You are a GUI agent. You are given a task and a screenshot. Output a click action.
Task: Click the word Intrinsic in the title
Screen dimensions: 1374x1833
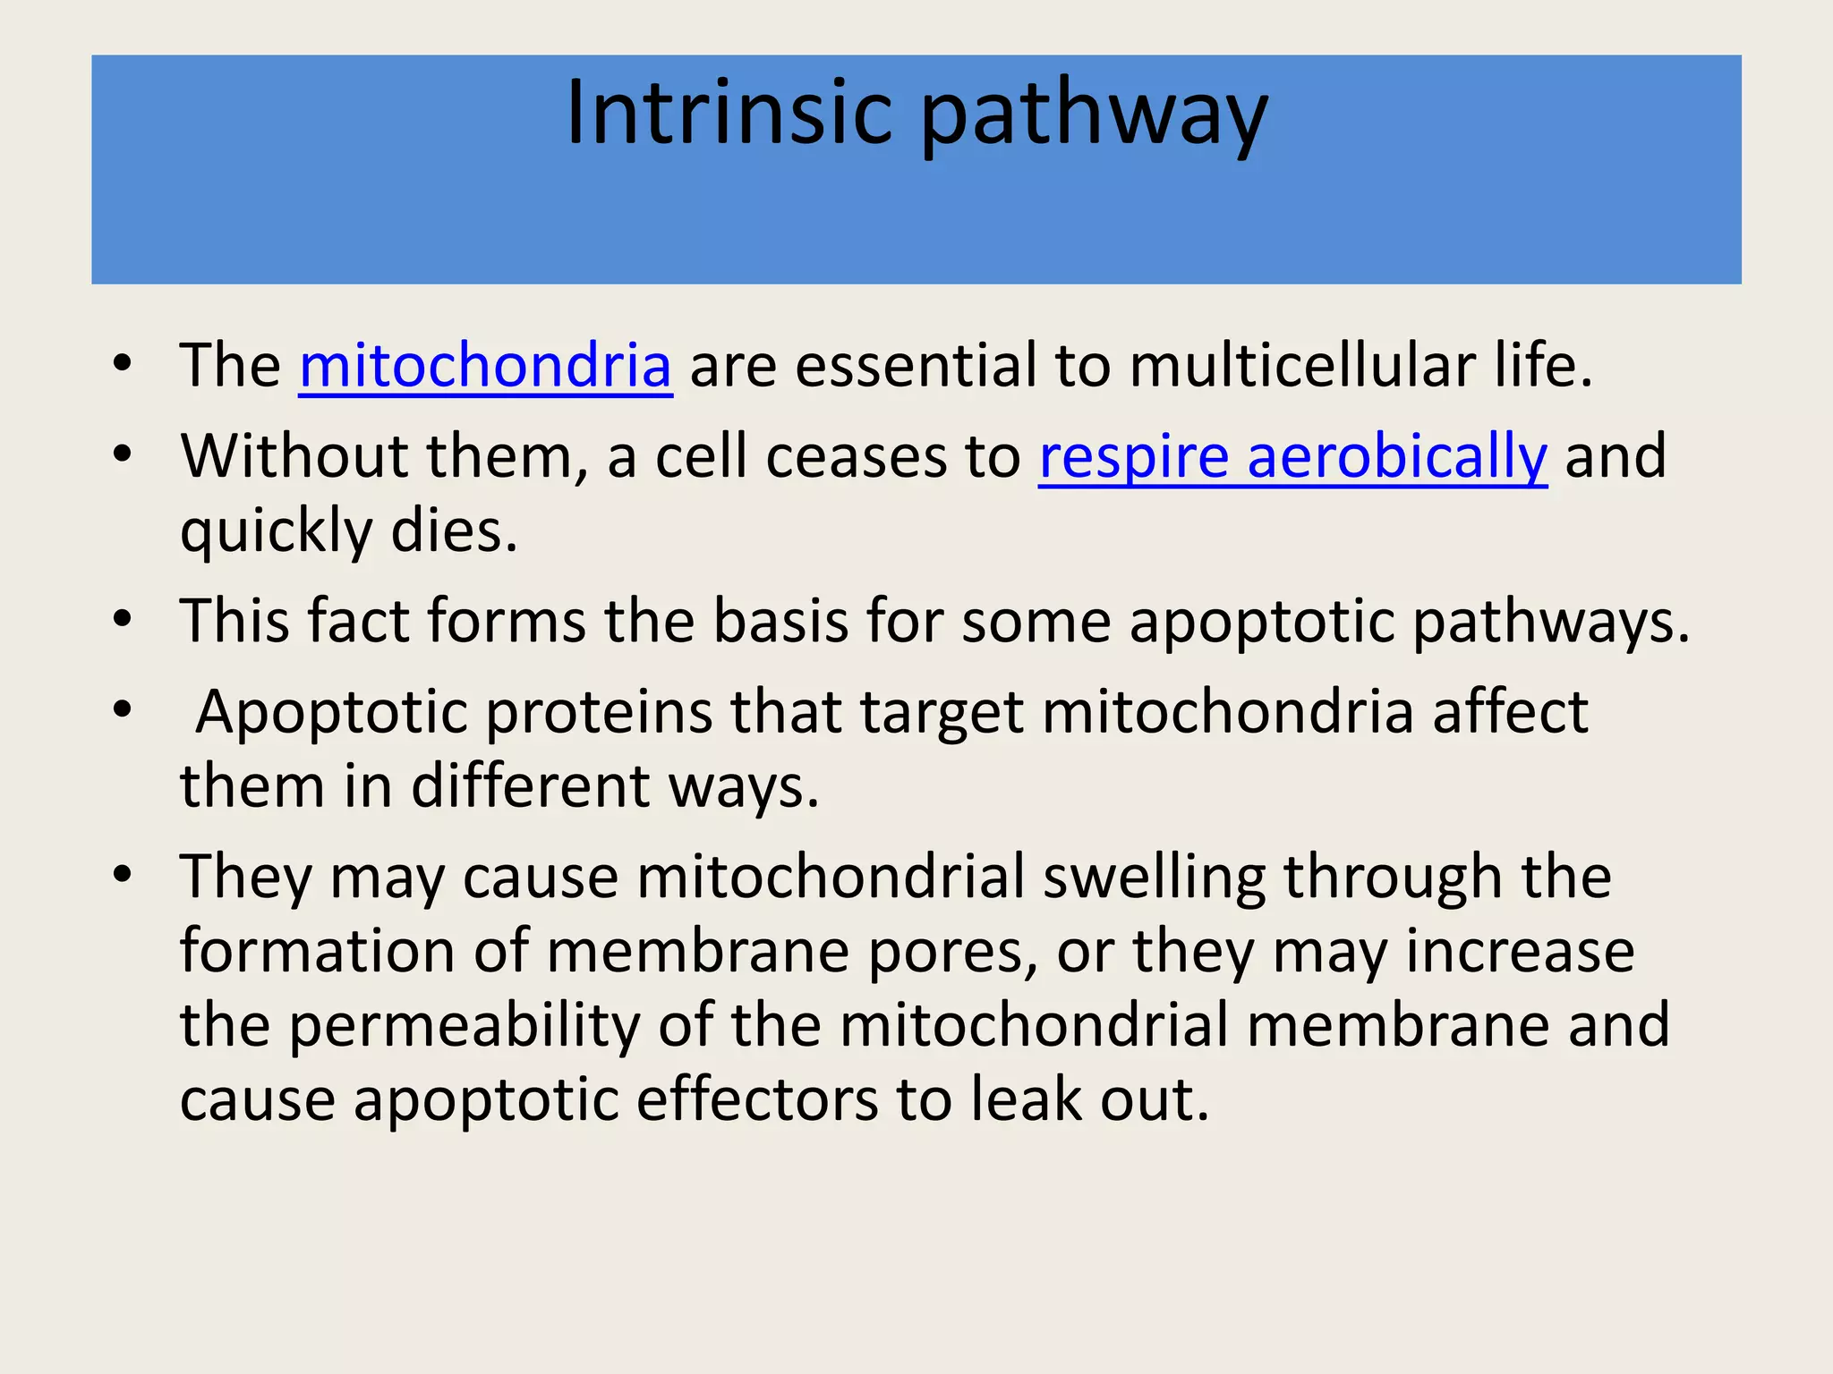[729, 113]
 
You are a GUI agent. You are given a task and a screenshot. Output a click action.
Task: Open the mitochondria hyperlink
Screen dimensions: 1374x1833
[485, 366]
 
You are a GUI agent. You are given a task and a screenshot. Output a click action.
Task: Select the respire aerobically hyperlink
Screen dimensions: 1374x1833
[1292, 456]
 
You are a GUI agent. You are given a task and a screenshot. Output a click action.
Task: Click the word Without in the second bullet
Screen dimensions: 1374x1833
[294, 456]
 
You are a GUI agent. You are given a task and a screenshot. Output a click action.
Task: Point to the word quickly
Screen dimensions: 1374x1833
[276, 532]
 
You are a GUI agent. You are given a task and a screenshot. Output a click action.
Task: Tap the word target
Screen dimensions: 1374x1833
[942, 713]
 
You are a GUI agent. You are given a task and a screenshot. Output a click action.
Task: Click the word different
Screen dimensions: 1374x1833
[530, 786]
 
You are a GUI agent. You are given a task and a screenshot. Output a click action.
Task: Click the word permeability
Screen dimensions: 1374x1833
[465, 1026]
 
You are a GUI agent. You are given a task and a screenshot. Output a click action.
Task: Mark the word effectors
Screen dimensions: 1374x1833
[757, 1100]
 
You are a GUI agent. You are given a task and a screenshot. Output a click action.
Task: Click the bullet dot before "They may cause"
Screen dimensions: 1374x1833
[123, 873]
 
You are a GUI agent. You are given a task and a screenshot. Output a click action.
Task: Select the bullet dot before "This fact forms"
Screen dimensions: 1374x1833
[123, 618]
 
